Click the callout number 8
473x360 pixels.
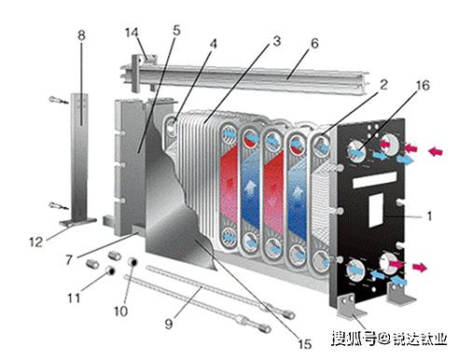[81, 35]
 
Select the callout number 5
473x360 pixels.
[175, 30]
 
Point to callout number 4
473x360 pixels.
[213, 43]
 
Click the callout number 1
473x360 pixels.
[428, 216]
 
